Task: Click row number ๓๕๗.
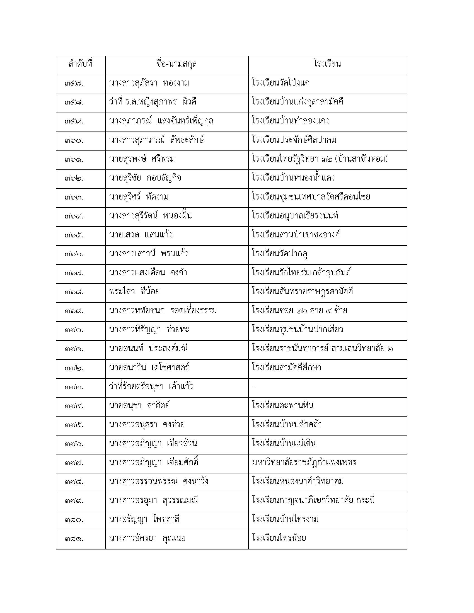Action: (74, 84)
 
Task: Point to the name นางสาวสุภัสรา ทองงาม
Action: (149, 83)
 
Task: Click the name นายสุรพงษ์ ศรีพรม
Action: (142, 159)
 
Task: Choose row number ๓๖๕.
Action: (74, 235)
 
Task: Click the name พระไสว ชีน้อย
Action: (134, 292)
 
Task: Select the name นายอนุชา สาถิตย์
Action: (140, 406)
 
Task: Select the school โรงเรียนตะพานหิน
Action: (282, 406)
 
